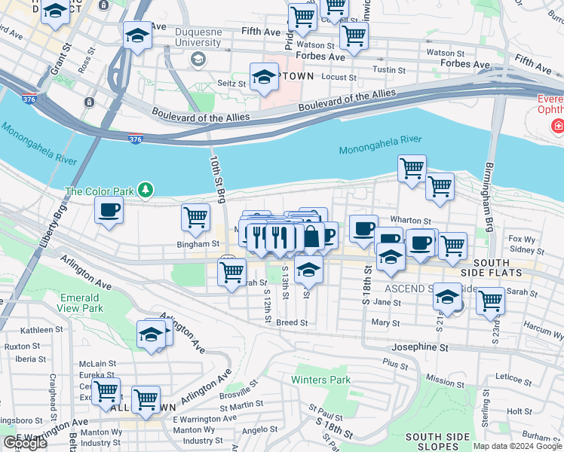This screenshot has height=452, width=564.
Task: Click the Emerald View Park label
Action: click(x=81, y=303)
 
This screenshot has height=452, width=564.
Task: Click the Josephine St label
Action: click(x=419, y=348)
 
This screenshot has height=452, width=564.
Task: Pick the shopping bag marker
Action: click(x=311, y=237)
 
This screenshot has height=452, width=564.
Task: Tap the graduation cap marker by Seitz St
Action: click(x=264, y=77)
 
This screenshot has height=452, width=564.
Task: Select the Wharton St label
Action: click(x=410, y=221)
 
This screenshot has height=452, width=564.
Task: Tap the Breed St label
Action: click(x=292, y=322)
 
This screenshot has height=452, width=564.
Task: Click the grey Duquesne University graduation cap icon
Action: click(x=198, y=59)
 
